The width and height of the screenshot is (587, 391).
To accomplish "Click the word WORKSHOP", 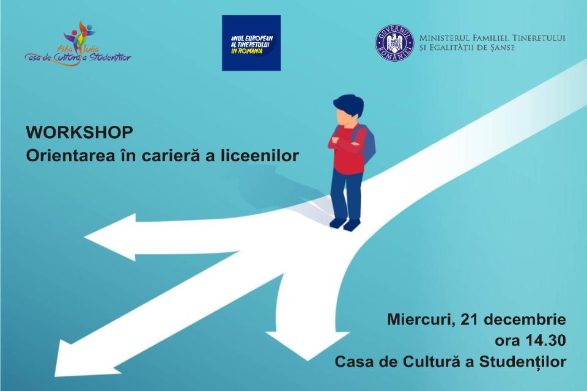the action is [x=79, y=133].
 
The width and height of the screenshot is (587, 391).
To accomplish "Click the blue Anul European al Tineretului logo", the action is [x=251, y=43].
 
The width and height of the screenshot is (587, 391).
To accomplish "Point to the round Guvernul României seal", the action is [x=394, y=43].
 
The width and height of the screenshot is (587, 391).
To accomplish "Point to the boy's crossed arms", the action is [x=344, y=142].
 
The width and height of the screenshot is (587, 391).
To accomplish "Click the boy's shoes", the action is [x=345, y=224].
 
